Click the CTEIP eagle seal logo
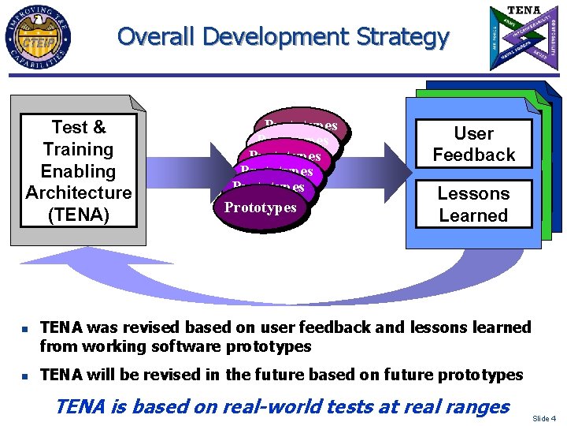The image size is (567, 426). pyautogui.click(x=37, y=37)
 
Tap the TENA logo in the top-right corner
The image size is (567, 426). pyautogui.click(x=523, y=37)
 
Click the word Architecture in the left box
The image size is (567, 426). pyautogui.click(x=79, y=192)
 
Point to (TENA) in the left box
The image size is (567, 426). pyautogui.click(x=79, y=214)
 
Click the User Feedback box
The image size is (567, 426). pyautogui.click(x=473, y=144)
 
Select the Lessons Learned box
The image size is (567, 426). pyautogui.click(x=473, y=204)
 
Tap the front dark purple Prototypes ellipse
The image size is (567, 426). pyautogui.click(x=260, y=208)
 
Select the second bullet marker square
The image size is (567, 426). pyautogui.click(x=24, y=376)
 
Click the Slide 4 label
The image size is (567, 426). pyautogui.click(x=544, y=417)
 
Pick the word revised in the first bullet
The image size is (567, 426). pyautogui.click(x=152, y=327)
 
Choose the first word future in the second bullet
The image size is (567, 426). pyautogui.click(x=258, y=375)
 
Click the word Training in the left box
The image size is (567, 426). pyautogui.click(x=79, y=149)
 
